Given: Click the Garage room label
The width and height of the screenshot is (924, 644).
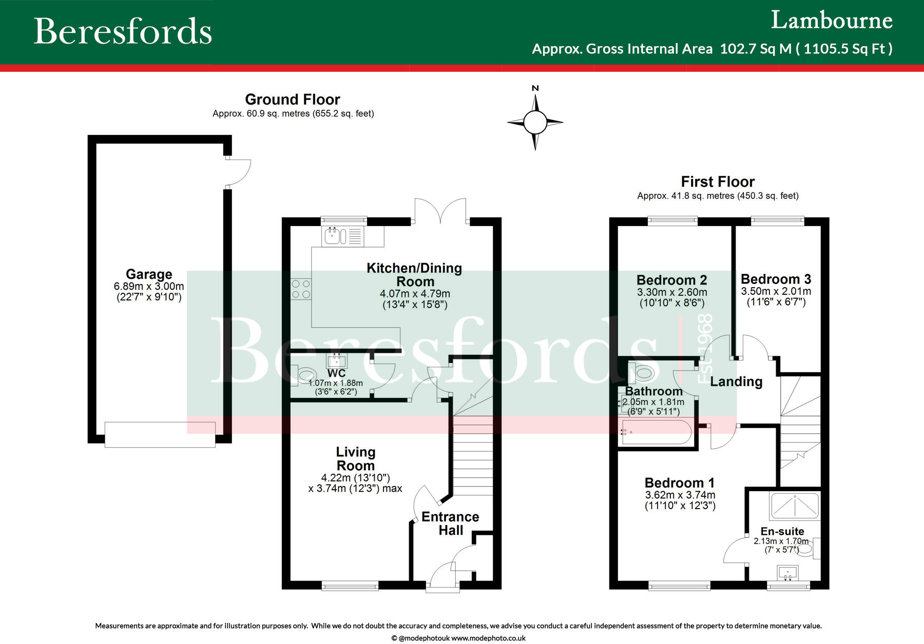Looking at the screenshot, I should (149, 274).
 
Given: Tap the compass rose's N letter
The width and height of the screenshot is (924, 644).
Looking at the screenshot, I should (535, 88).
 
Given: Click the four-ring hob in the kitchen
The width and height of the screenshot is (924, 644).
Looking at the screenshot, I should (301, 289).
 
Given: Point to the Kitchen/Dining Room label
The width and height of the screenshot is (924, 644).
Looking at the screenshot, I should (414, 275).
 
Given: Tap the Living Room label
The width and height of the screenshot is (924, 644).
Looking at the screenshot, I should (356, 459).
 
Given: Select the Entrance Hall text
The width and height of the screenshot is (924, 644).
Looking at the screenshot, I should (450, 524).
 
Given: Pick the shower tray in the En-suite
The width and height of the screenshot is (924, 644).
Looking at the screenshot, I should (795, 506).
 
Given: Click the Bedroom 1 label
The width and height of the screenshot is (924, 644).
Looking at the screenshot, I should (679, 483).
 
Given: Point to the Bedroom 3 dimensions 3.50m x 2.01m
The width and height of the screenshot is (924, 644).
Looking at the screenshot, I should (776, 291).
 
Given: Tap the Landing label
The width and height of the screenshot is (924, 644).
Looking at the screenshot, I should (736, 381).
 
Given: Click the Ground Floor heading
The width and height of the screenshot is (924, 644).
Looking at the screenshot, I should (293, 99).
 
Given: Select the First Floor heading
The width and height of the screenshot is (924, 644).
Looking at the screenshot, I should (718, 182).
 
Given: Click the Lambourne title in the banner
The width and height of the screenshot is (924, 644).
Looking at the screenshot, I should (832, 21).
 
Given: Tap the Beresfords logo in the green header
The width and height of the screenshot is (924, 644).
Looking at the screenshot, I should (123, 31).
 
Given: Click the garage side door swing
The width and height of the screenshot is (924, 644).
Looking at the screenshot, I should (239, 172).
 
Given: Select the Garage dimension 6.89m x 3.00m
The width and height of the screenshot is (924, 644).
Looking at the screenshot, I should (149, 287).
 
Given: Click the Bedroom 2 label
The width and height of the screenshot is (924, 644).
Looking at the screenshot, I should (671, 280).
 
